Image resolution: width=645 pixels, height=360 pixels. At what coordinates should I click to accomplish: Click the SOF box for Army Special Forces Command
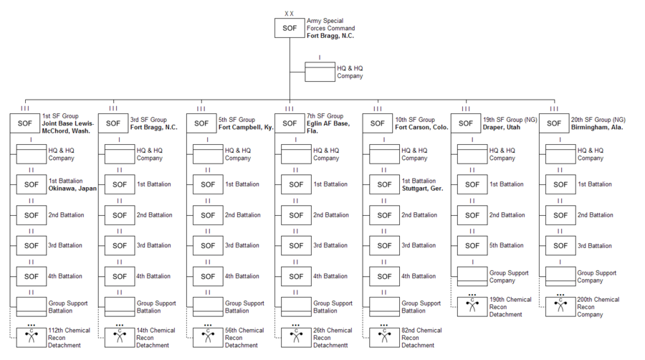click(x=290, y=28)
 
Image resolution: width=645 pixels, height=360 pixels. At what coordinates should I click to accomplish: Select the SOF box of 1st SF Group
click(x=25, y=123)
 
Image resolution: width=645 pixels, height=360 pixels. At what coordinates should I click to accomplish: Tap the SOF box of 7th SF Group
click(x=290, y=123)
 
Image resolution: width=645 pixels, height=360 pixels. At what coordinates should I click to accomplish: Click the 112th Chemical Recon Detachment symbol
click(x=32, y=337)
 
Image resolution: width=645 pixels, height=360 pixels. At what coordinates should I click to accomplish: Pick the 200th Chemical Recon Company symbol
click(x=560, y=305)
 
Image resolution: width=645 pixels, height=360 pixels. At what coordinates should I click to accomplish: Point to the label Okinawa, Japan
click(x=72, y=189)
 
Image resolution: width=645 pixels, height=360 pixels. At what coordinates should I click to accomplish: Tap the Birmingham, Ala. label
click(x=597, y=127)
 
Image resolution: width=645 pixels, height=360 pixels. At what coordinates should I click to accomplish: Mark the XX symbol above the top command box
click(x=290, y=13)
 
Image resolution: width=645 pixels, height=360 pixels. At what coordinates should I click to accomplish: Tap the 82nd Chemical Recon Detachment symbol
click(x=384, y=337)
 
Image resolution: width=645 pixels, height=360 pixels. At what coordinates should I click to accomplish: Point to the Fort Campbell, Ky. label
click(x=246, y=127)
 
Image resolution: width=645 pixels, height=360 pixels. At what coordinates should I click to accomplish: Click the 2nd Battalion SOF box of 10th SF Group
click(x=384, y=215)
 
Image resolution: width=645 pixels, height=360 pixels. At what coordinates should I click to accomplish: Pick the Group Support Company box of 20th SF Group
click(x=560, y=275)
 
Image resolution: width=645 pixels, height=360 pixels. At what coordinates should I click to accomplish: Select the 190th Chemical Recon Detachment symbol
click(x=472, y=305)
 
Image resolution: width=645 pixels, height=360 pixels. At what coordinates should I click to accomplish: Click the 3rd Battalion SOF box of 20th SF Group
click(x=560, y=245)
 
